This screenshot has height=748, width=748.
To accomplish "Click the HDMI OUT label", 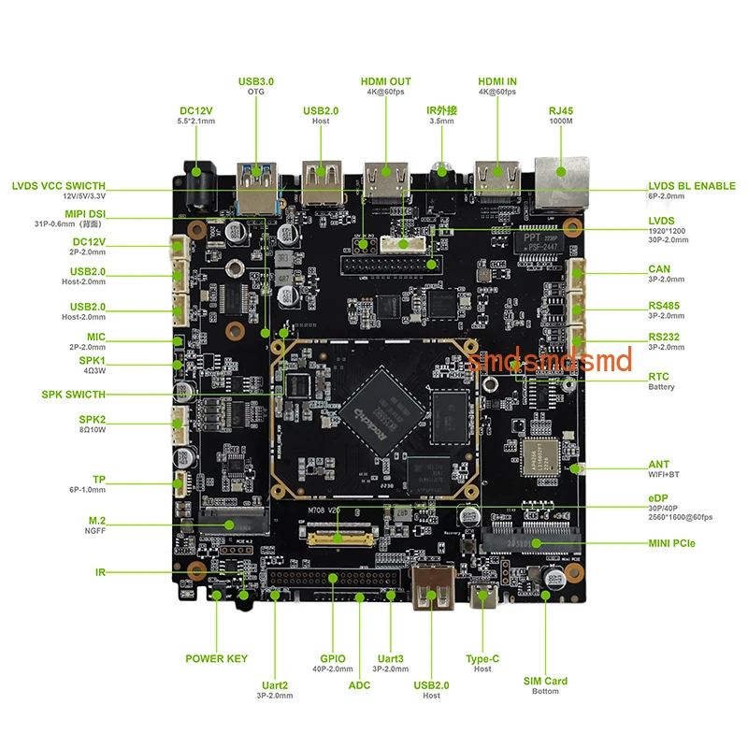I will click(385, 81).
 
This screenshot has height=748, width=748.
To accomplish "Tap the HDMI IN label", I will click(496, 81).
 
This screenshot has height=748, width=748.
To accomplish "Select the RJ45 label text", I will click(561, 111).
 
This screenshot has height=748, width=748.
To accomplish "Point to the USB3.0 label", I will click(256, 81).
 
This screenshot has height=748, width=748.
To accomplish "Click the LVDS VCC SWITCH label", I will click(59, 186).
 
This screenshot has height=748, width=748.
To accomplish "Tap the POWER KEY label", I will click(216, 658).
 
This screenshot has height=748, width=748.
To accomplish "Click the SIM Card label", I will click(545, 681).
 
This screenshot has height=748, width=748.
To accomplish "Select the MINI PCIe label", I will click(671, 543).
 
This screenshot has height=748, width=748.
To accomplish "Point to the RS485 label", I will click(666, 306).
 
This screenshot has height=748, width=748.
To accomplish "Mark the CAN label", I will click(659, 269).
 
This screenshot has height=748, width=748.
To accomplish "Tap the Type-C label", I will click(482, 658).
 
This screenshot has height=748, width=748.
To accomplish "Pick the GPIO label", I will click(332, 658).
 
